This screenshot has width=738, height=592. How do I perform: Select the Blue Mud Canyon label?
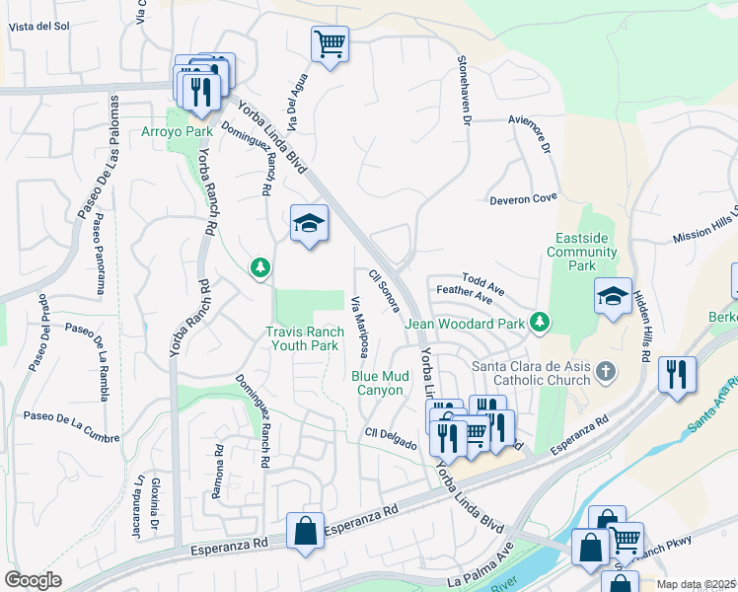(x=377, y=383)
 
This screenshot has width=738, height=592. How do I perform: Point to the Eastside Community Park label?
(x=585, y=253)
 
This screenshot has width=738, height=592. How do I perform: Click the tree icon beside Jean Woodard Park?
(x=539, y=321)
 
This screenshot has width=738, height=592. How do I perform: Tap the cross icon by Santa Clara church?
(x=606, y=372)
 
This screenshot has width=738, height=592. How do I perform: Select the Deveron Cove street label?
(x=523, y=199)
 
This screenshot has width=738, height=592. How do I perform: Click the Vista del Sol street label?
(x=38, y=27)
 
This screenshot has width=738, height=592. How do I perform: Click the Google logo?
(x=33, y=580)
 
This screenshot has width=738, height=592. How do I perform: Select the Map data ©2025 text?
(x=696, y=584)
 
